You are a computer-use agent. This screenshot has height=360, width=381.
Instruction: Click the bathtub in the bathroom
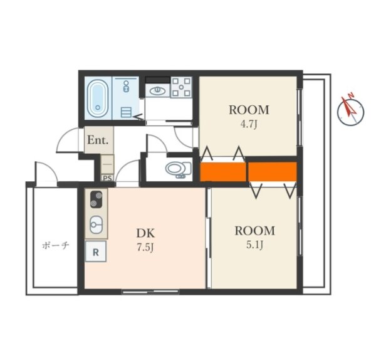click(x=98, y=98)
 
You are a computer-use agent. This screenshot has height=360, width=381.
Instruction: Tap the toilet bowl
click(x=179, y=169)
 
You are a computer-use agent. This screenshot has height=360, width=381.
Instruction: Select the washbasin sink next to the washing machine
click(x=157, y=91)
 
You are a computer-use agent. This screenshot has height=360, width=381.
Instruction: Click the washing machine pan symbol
click(x=181, y=87)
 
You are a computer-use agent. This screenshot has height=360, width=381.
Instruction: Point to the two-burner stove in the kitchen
click(x=97, y=199)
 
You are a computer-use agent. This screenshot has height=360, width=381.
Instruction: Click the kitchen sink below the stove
click(x=97, y=225)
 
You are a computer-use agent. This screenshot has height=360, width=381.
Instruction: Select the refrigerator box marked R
click(x=96, y=251)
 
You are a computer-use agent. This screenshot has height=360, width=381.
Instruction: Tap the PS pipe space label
click(x=107, y=178)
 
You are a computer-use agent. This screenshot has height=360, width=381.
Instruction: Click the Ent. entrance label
click(x=98, y=140)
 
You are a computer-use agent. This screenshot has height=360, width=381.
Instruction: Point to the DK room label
click(x=145, y=233)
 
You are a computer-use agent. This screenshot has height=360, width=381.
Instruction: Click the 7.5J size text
click(x=145, y=247)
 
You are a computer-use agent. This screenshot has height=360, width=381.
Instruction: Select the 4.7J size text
click(x=249, y=124)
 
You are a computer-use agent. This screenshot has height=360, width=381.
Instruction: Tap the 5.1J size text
click(x=254, y=245)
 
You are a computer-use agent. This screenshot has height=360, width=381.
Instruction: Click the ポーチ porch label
click(x=56, y=245)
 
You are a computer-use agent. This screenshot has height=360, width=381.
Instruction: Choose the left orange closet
click(x=222, y=172)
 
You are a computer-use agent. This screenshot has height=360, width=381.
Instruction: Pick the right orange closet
click(x=273, y=172)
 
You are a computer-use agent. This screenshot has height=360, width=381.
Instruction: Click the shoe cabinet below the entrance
click(x=107, y=164)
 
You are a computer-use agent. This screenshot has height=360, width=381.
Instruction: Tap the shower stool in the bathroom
click(x=126, y=112)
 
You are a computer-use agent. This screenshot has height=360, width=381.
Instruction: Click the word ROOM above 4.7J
click(x=249, y=110)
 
